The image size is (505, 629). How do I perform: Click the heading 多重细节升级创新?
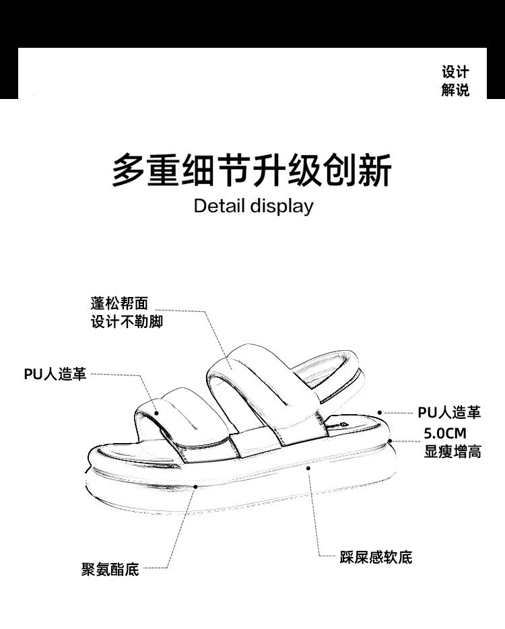tap(251, 170)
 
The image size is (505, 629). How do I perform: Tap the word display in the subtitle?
tap(281, 207)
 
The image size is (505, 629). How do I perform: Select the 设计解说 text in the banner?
tap(455, 81)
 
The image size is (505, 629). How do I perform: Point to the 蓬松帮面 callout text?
tap(119, 304)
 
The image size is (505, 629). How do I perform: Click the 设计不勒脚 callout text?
tap(127, 322)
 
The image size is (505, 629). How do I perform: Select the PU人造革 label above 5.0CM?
tap(449, 412)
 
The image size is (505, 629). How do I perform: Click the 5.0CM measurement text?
tap(444, 433)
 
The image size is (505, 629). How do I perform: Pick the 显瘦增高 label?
tap(452, 451)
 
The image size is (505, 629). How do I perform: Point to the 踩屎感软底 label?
tap(376, 557)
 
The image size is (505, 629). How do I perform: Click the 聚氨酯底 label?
tap(110, 570)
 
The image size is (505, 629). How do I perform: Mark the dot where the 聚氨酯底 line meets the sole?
tap(193, 485)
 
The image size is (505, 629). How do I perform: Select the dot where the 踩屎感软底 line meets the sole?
tap(308, 466)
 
